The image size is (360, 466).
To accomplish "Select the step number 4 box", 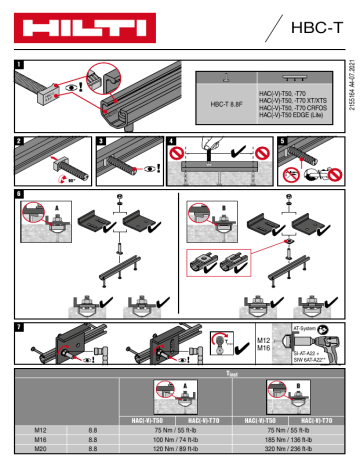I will [x=171, y=140].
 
